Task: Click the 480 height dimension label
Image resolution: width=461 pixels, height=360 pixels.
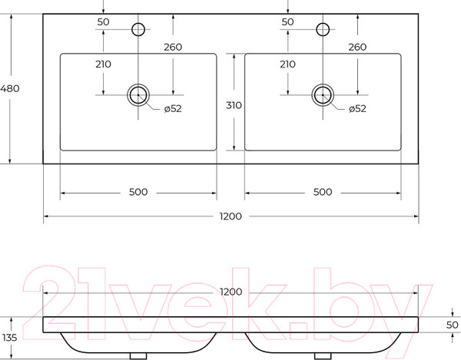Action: pos(10,88)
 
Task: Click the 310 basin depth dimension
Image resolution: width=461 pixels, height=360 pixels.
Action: pos(234,105)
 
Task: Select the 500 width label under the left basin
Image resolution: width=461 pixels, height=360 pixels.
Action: pos(138,192)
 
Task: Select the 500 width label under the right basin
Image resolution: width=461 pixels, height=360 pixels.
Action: pos(323,192)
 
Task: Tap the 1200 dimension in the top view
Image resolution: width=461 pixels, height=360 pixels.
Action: pos(230,216)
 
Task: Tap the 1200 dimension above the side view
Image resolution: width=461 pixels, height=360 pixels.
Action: pos(231,292)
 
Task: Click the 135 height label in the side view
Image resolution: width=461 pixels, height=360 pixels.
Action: pos(9,338)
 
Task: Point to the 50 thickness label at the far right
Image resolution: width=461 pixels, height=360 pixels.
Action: pos(453,325)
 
